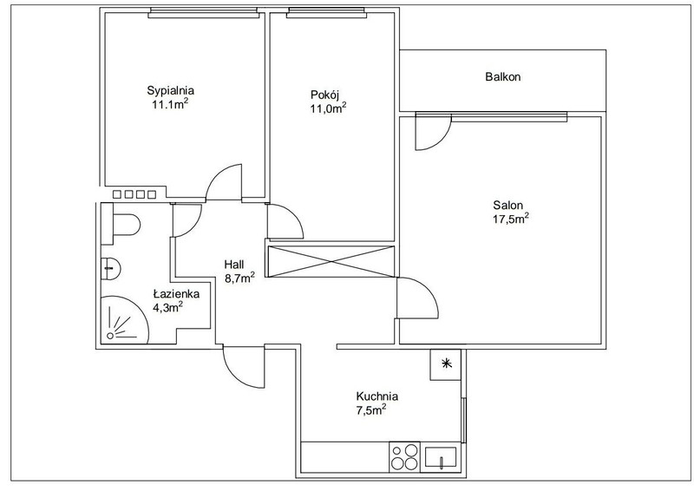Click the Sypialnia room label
click(170, 91)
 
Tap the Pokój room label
click(324, 95)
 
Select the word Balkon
click(503, 76)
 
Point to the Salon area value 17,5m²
click(511, 219)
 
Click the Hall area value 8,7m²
click(239, 278)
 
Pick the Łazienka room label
click(176, 293)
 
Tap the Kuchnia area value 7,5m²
click(371, 410)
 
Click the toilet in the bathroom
click(121, 224)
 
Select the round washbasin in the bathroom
click(111, 268)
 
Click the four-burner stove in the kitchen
click(404, 456)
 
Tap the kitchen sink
click(441, 456)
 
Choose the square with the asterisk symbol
click(446, 364)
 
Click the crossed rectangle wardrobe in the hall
click(331, 262)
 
